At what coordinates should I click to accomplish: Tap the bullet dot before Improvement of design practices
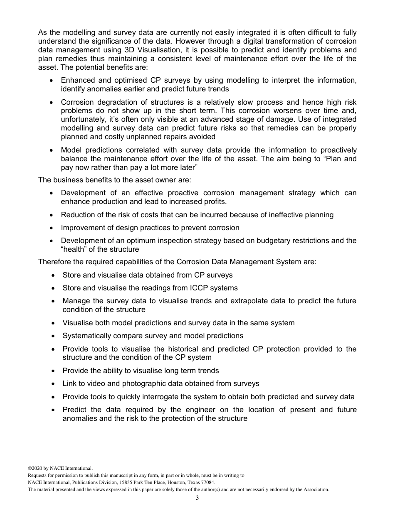pos(51,228)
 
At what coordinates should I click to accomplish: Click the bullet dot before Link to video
pos(53,384)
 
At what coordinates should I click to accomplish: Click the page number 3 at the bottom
pos(197,498)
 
